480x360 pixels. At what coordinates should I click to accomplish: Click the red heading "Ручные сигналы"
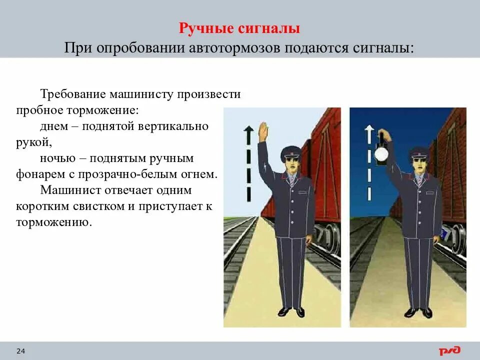pos(239,28)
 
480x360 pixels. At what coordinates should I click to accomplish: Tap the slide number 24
pos(21,351)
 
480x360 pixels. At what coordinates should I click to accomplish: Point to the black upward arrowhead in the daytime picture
pos(248,131)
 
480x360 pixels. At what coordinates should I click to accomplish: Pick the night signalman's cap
pos(418,152)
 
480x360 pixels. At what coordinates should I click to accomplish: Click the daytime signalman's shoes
pos(291,311)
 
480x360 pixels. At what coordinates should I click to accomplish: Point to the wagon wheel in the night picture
pos(457,238)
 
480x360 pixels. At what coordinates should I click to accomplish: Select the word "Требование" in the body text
pos(72,94)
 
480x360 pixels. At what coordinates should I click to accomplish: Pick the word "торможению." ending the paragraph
pos(54,222)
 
